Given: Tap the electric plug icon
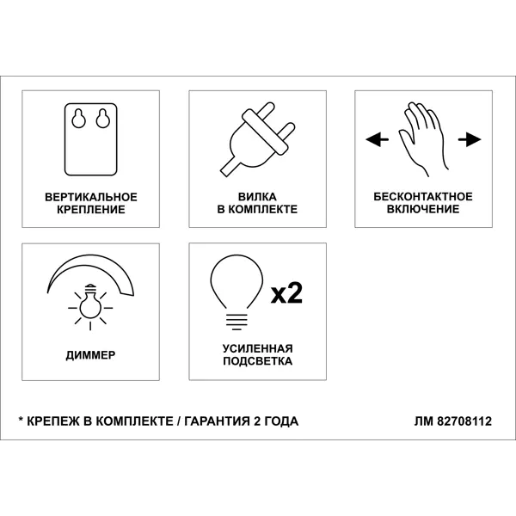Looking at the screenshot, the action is (257, 139).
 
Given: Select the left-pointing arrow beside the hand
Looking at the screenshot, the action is (378, 139).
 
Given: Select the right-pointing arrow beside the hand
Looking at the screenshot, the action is (470, 139).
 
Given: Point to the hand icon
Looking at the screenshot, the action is (424, 139).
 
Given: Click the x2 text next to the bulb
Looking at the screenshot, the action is (286, 292).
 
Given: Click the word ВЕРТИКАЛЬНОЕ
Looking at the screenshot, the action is (91, 197).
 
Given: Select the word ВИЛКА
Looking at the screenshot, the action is (257, 197).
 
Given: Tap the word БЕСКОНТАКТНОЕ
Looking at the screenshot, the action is (423, 197).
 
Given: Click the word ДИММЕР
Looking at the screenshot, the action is (90, 355).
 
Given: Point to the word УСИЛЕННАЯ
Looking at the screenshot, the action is (258, 349).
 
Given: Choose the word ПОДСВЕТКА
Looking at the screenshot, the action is (258, 361).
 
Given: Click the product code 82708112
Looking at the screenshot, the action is (464, 421).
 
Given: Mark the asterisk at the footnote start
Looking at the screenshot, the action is (21, 420).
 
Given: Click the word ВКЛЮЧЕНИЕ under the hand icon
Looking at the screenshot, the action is (423, 209).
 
